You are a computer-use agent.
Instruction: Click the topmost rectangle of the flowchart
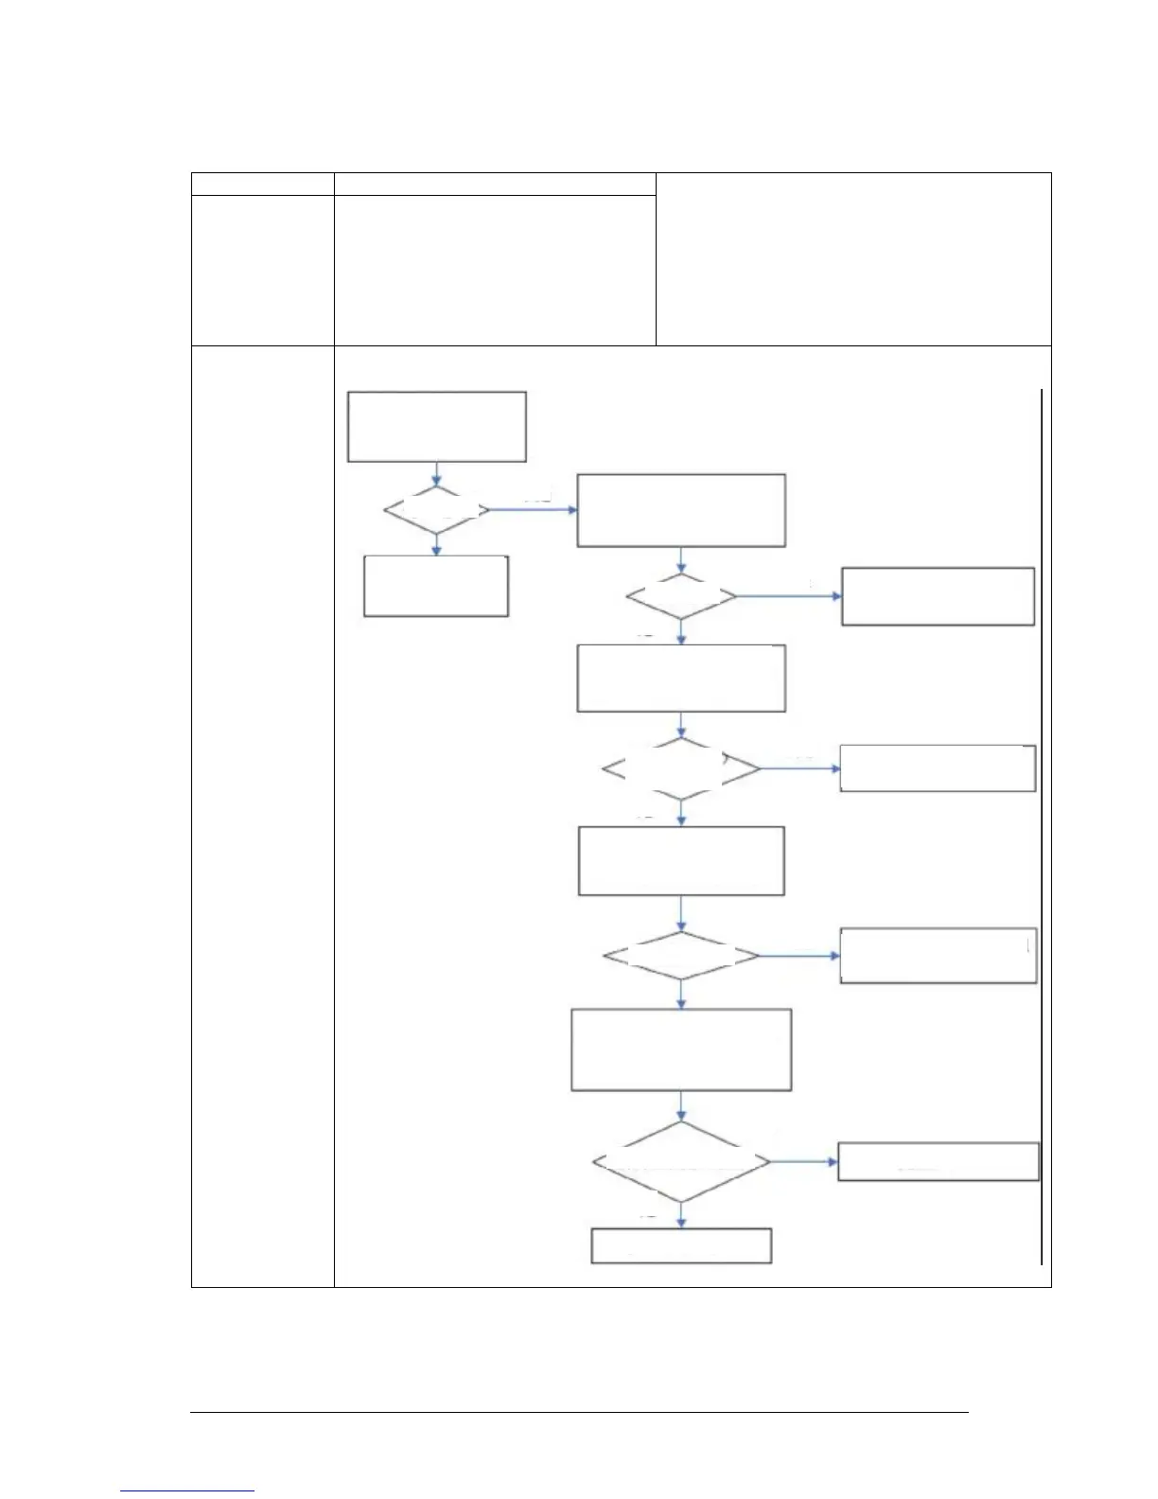point(436,427)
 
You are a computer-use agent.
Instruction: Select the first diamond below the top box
point(436,511)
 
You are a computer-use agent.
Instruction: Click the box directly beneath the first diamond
point(436,587)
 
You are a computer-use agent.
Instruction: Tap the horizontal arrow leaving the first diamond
point(533,510)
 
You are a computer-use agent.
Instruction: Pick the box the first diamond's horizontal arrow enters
point(681,511)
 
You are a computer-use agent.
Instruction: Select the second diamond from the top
point(681,597)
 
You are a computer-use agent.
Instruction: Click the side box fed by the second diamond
point(938,596)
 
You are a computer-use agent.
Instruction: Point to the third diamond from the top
point(681,769)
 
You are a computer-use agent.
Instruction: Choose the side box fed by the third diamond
point(938,768)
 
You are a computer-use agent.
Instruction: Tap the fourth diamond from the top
point(681,957)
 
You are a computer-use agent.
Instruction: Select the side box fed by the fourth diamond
point(938,956)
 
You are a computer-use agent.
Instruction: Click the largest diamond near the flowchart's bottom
point(681,1162)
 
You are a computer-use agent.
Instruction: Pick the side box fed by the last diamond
point(939,1161)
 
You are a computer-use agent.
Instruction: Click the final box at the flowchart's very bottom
point(681,1245)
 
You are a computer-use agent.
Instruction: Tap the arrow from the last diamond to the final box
point(681,1215)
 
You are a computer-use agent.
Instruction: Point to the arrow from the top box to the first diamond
point(436,474)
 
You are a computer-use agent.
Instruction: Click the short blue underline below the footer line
point(187,1491)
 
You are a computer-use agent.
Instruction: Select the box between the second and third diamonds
point(681,679)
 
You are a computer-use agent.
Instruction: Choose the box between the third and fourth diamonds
point(681,861)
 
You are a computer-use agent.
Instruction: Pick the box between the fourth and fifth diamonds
point(681,1049)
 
